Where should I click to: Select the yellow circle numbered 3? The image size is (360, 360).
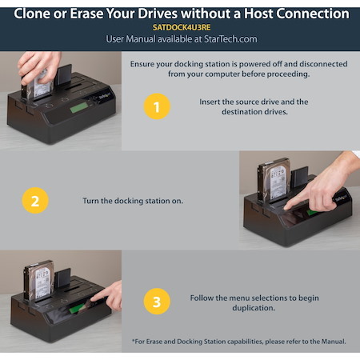157,302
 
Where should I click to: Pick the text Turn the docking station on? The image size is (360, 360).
133,200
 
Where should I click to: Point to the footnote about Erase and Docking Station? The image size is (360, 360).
238,342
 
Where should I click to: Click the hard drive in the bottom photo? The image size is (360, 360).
41,282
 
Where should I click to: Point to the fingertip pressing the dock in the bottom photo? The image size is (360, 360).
94,302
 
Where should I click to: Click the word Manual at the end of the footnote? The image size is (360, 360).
331,342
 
